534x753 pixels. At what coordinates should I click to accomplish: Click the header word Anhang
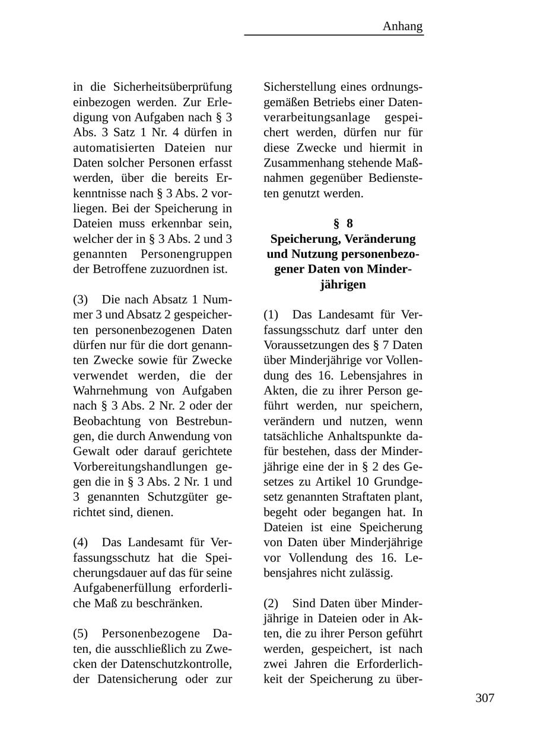coord(402,26)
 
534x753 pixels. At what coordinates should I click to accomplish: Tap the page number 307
coord(485,698)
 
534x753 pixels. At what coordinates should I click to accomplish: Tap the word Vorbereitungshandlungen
coord(140,466)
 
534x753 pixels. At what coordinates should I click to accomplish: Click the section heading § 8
coord(343,223)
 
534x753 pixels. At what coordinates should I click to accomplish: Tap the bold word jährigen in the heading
coord(343,284)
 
